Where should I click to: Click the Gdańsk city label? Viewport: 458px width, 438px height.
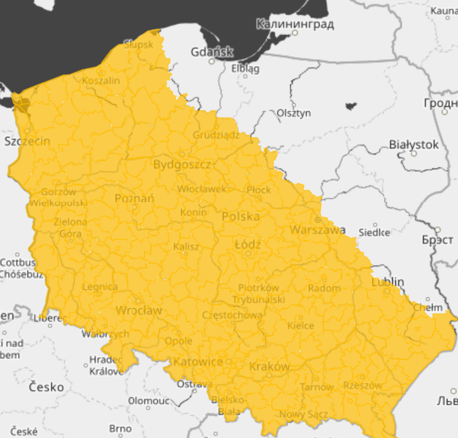[x=212, y=52]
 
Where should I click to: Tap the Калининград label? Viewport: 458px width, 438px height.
[x=295, y=24]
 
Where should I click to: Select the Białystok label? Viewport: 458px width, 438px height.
[x=413, y=144]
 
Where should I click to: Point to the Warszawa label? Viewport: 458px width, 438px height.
[x=317, y=230]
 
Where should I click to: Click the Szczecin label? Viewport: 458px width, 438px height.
[x=27, y=141]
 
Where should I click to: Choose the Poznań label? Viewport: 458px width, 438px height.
[x=134, y=198]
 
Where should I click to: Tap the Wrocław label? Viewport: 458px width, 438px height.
[x=139, y=310]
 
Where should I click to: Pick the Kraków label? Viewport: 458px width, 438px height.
[x=269, y=366]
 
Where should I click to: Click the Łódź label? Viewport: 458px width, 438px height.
[x=248, y=244]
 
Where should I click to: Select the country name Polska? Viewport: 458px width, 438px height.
[x=241, y=217]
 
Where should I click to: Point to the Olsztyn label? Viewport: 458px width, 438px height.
[x=294, y=113]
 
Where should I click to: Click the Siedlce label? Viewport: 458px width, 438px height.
[x=374, y=232]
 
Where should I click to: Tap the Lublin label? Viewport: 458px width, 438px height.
[x=387, y=282]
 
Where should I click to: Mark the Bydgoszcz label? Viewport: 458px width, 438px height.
[x=182, y=164]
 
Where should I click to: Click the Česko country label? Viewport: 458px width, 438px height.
[x=46, y=387]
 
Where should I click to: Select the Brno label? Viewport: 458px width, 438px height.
[x=120, y=429]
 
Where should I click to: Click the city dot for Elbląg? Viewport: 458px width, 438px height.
[x=245, y=76]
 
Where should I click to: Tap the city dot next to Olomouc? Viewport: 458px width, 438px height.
[x=148, y=408]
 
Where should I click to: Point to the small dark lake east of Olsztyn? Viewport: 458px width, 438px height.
[x=351, y=106]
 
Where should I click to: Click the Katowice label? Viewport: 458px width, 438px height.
[x=198, y=362]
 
